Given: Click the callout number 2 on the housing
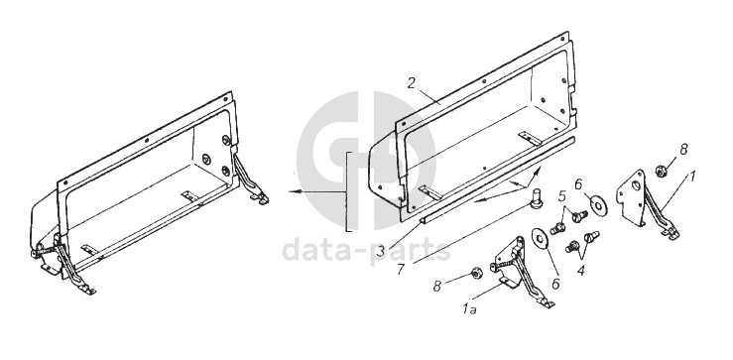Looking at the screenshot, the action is [412, 83].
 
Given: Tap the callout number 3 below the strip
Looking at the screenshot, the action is [382, 251].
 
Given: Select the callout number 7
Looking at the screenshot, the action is [402, 270].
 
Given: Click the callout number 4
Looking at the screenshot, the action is [581, 270].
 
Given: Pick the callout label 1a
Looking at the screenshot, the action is [469, 308].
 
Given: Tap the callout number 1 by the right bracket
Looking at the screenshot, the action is [692, 176].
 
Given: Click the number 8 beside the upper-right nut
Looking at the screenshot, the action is [684, 150].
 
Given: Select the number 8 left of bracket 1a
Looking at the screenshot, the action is [437, 287].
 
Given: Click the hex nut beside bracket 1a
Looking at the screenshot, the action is [476, 273].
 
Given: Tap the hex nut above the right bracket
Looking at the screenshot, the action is [661, 171].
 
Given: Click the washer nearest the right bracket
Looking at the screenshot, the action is [600, 205].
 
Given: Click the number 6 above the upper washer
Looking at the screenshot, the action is [578, 184].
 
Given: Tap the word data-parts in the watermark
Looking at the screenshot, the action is [367, 250].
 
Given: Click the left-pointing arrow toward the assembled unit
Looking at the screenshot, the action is [317, 191].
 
